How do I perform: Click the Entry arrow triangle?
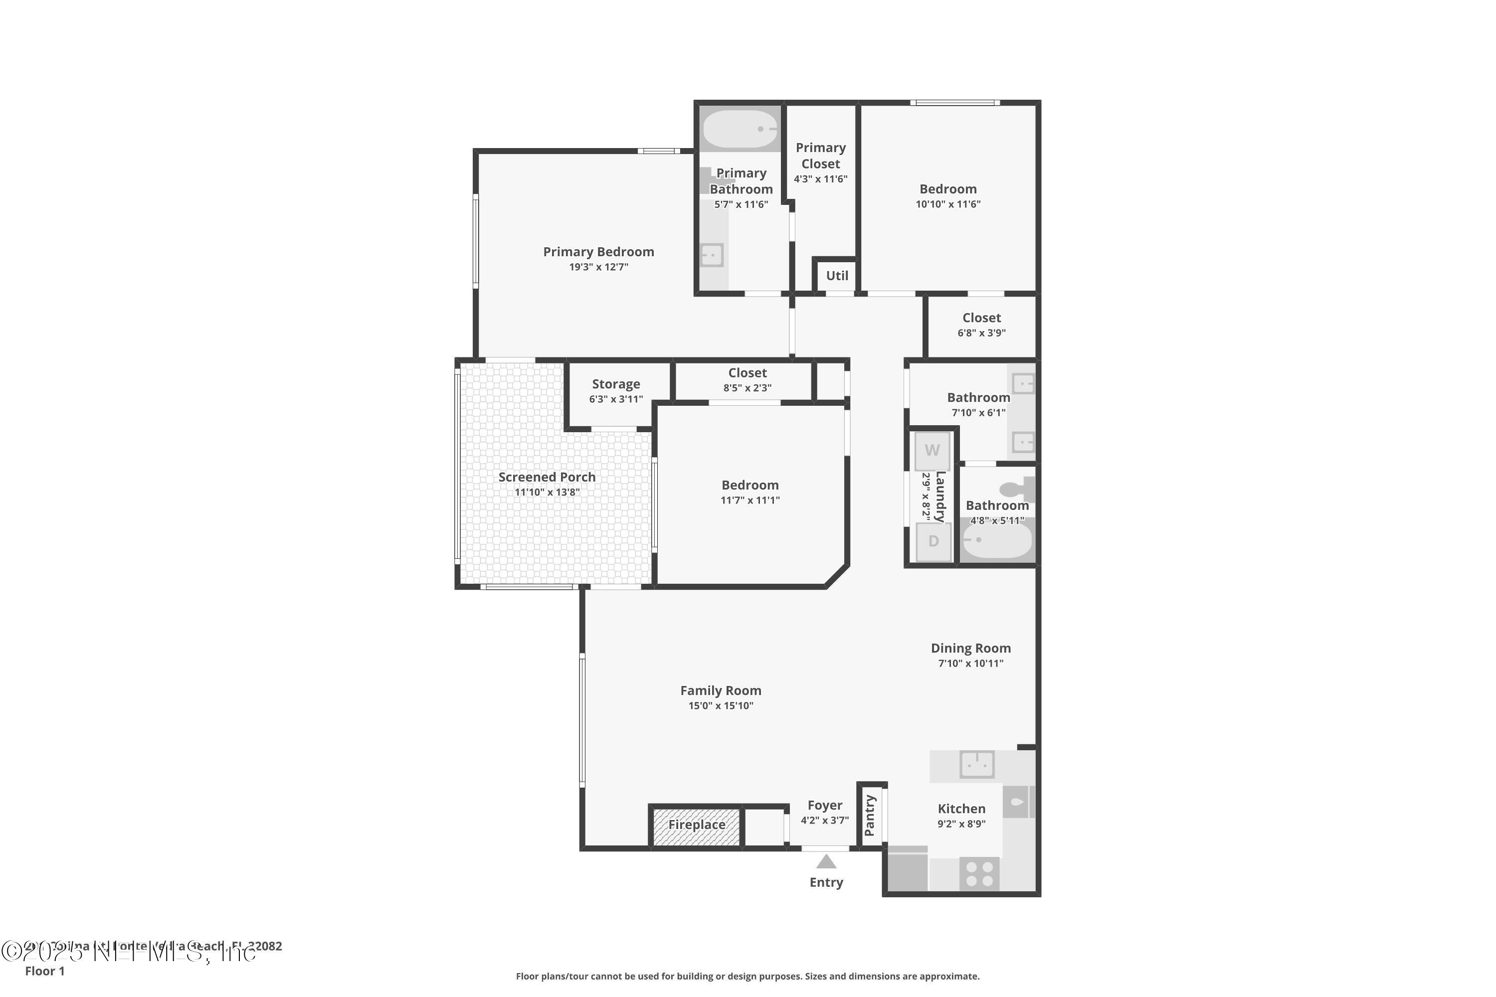(826, 861)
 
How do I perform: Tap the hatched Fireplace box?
(697, 826)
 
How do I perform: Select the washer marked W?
(932, 451)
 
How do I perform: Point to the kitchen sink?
(976, 764)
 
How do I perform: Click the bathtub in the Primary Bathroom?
(739, 129)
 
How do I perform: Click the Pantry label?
(870, 816)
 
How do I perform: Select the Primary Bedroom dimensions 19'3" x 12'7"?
(598, 267)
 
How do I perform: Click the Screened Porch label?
(547, 477)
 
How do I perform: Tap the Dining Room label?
(970, 648)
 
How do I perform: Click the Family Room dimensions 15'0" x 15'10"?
(720, 706)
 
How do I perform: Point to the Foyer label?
(824, 806)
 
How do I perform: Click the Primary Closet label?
(820, 156)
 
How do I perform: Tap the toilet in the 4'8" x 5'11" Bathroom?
(1016, 489)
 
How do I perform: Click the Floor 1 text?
(44, 971)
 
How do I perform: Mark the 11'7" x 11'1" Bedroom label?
(749, 485)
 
